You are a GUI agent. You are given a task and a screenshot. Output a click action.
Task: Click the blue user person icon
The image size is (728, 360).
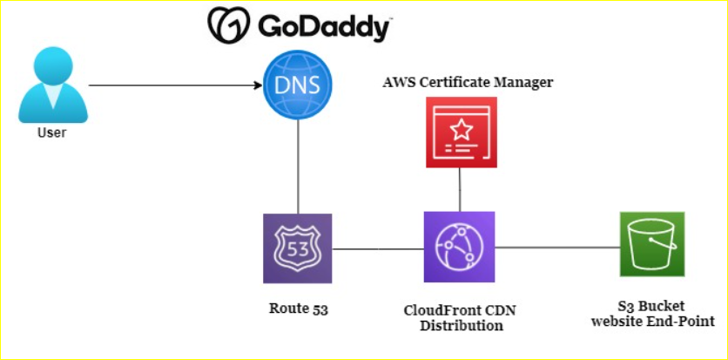coord(53,86)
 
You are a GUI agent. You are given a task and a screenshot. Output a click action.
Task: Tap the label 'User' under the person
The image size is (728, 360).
coord(52,133)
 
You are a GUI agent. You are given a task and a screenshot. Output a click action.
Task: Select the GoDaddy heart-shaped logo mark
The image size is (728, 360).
coord(227,25)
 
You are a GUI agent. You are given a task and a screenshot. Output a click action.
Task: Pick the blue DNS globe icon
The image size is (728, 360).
coord(298,85)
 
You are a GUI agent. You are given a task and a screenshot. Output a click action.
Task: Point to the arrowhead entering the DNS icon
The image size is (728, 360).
coord(259,85)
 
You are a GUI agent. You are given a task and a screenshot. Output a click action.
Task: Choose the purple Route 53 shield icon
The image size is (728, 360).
coord(298,248)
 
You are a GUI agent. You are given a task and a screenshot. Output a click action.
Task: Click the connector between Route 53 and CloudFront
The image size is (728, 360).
coord(378,248)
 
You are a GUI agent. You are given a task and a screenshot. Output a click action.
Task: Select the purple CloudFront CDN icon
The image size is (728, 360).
coord(459,247)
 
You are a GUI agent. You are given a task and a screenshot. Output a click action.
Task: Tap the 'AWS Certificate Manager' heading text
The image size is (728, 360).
coord(468,83)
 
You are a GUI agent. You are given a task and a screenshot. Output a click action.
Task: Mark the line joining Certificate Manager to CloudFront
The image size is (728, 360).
coord(459,189)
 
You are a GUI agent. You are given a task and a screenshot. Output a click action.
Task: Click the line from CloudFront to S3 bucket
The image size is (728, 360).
coord(556,248)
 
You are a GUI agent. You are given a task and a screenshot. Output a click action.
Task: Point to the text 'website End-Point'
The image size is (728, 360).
coord(653,321)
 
